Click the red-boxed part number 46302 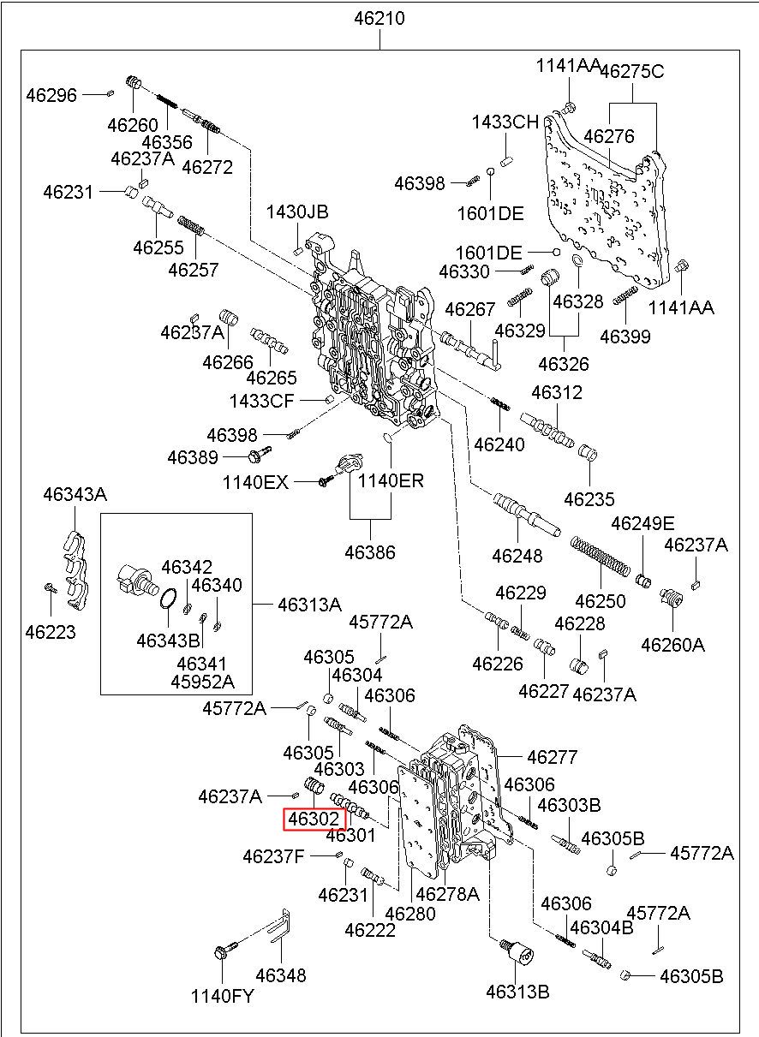314,819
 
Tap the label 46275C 631,71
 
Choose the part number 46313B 517,992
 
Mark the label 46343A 75,494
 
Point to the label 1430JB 297,212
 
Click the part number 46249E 642,523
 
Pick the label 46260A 672,644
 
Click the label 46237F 273,855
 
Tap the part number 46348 280,974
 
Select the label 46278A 447,894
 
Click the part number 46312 556,392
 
